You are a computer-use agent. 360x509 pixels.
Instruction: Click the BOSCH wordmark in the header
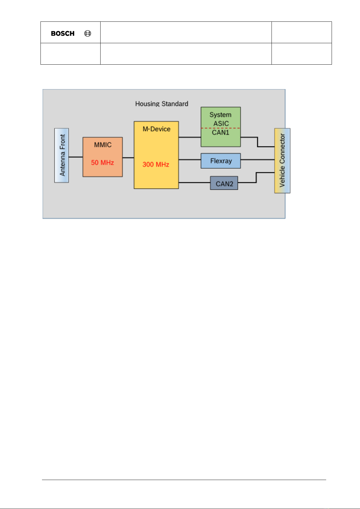point(63,34)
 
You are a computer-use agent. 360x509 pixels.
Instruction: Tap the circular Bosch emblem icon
point(88,34)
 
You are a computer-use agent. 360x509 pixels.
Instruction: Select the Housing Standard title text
point(162,104)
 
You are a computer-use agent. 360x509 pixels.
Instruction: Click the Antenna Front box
point(62,155)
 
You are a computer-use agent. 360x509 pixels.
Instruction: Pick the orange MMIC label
point(103,145)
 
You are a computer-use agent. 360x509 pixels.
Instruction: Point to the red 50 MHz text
point(102,163)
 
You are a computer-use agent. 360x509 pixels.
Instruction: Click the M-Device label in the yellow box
point(156,129)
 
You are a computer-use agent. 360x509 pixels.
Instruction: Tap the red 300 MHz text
point(156,164)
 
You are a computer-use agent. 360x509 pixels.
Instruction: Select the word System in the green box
point(220,115)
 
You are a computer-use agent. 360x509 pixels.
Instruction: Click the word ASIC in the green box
point(221,124)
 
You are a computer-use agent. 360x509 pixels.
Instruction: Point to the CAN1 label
point(220,133)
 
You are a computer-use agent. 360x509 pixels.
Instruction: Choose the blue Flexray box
point(221,161)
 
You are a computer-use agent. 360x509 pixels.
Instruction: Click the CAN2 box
point(224,183)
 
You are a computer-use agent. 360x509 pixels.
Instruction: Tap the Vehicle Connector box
point(282,160)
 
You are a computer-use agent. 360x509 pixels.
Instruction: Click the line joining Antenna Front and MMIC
point(76,157)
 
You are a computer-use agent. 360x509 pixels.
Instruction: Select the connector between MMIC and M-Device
point(128,158)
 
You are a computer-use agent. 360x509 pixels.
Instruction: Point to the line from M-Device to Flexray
point(190,159)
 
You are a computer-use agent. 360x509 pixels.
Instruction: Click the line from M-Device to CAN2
point(194,182)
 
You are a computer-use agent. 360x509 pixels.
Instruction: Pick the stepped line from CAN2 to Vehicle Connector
point(256,178)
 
